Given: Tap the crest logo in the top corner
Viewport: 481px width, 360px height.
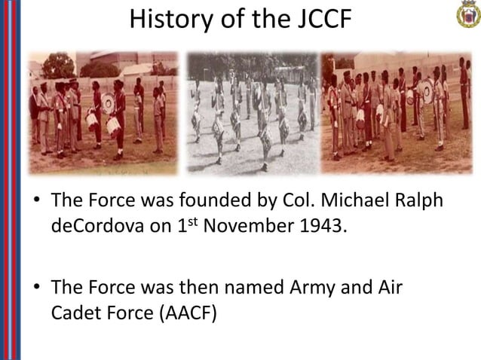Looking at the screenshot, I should pyautogui.click(x=463, y=16).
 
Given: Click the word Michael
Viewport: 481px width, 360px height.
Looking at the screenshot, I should pyautogui.click(x=332, y=201).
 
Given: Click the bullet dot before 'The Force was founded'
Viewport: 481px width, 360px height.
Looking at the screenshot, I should pyautogui.click(x=35, y=202).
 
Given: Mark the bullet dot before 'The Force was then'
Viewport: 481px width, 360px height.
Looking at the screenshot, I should pyautogui.click(x=35, y=288).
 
